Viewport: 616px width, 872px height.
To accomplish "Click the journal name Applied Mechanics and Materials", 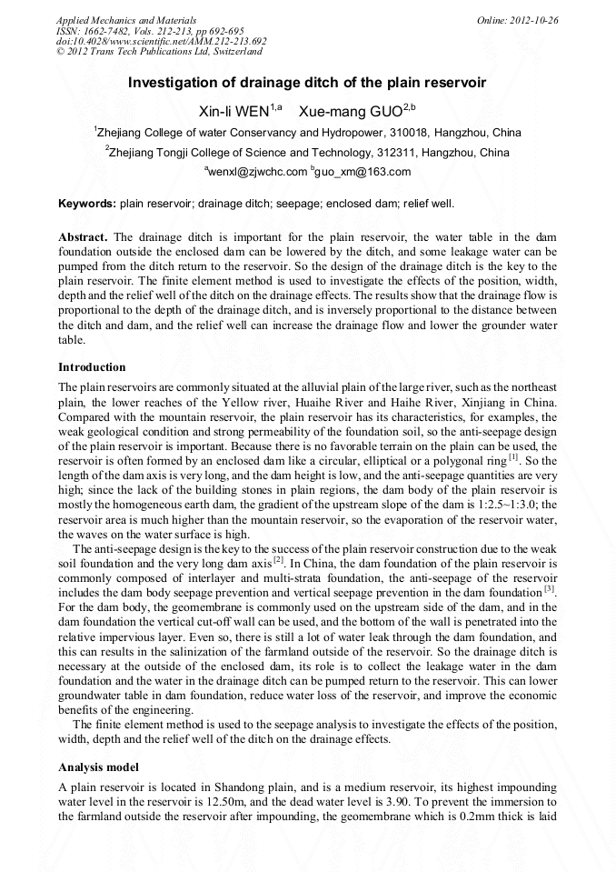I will [114, 19].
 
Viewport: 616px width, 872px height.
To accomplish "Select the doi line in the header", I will [162, 41].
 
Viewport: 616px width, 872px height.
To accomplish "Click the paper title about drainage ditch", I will [307, 83].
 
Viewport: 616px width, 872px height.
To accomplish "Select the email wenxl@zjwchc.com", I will [259, 172].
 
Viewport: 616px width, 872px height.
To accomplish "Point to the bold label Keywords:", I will [87, 203].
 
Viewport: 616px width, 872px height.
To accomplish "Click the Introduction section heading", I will [92, 367].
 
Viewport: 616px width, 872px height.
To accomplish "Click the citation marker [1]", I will [513, 457].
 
